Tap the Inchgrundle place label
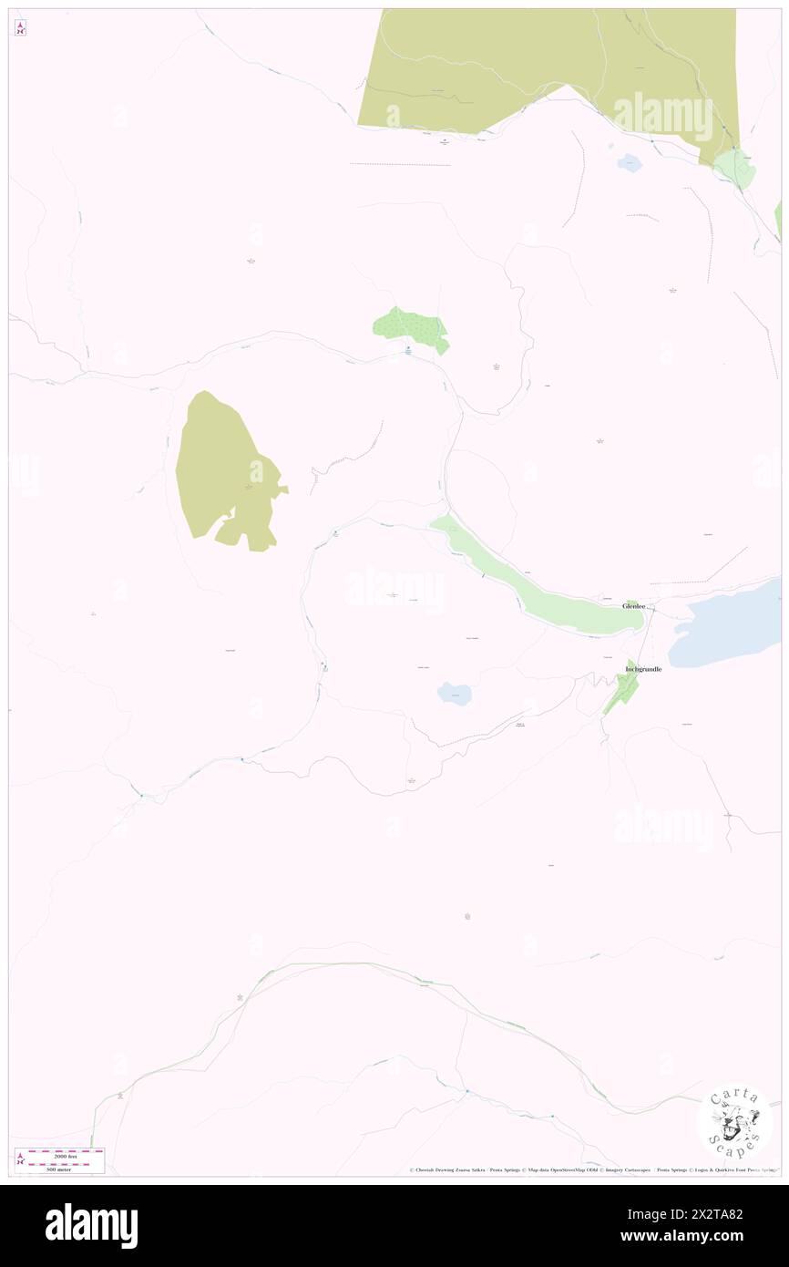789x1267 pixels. (643, 669)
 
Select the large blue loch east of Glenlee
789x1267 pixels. (725, 623)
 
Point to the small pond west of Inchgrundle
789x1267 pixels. (454, 694)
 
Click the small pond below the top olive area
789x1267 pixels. (630, 164)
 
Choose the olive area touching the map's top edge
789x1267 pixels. (547, 64)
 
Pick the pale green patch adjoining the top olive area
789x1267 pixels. (734, 168)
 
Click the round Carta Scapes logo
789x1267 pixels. (734, 1121)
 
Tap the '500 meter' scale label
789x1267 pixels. (57, 1169)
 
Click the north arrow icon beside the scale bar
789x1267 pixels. (21, 1159)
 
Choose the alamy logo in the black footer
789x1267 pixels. (91, 1225)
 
